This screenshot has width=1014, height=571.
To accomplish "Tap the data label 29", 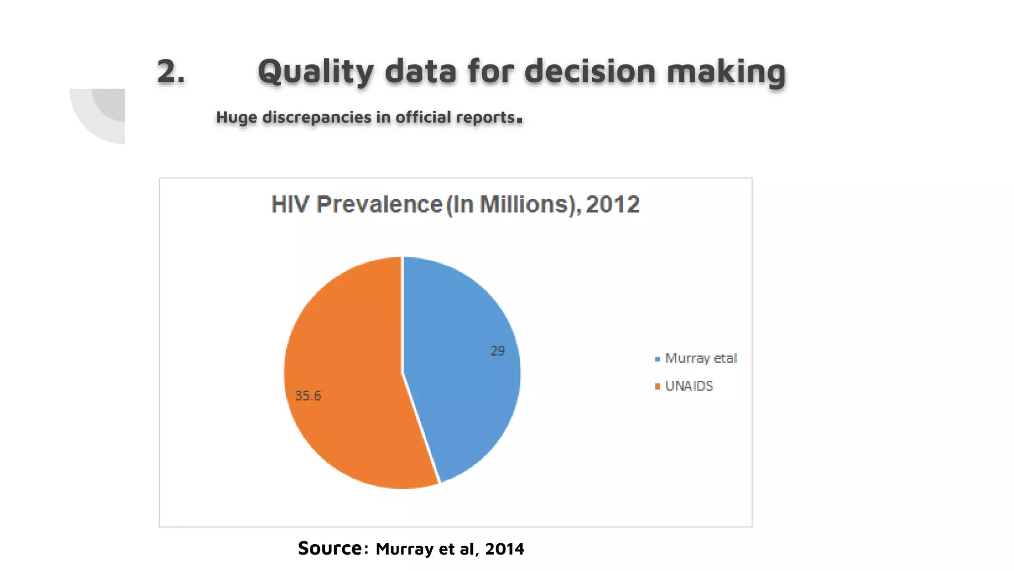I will tap(498, 351).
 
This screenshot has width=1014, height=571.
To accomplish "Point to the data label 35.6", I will tap(308, 396).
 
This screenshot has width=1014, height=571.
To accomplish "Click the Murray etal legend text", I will tap(701, 358).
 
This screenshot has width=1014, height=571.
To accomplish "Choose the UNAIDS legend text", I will tap(689, 386).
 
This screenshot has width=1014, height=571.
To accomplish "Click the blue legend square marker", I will tap(658, 359).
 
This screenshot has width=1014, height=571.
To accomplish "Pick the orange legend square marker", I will tap(658, 387).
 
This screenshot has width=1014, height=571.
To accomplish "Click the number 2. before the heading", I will tap(171, 72).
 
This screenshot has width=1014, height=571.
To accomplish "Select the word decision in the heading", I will tap(590, 72).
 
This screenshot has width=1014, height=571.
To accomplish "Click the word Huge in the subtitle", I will tap(237, 117).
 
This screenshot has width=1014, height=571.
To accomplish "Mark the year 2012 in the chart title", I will tap(613, 205).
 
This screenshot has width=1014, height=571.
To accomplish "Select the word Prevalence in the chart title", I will tap(379, 205).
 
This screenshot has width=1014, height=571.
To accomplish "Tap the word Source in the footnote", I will tap(330, 548).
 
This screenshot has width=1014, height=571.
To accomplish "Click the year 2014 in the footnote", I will tap(505, 549).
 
